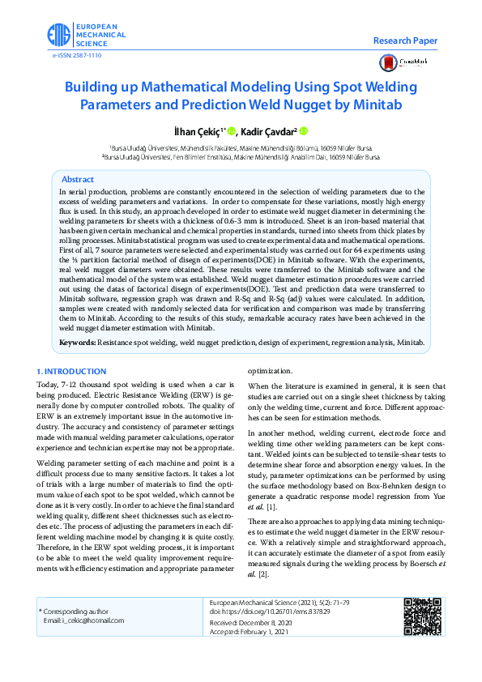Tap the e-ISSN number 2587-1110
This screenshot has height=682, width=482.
pyautogui.click(x=78, y=55)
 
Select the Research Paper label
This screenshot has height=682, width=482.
pyautogui.click(x=405, y=40)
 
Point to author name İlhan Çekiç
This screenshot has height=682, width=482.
pyautogui.click(x=195, y=130)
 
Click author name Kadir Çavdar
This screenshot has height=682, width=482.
pyautogui.click(x=272, y=130)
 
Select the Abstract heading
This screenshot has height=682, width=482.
pyautogui.click(x=78, y=179)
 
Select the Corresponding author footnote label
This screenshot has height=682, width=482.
pyautogui.click(x=79, y=611)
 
